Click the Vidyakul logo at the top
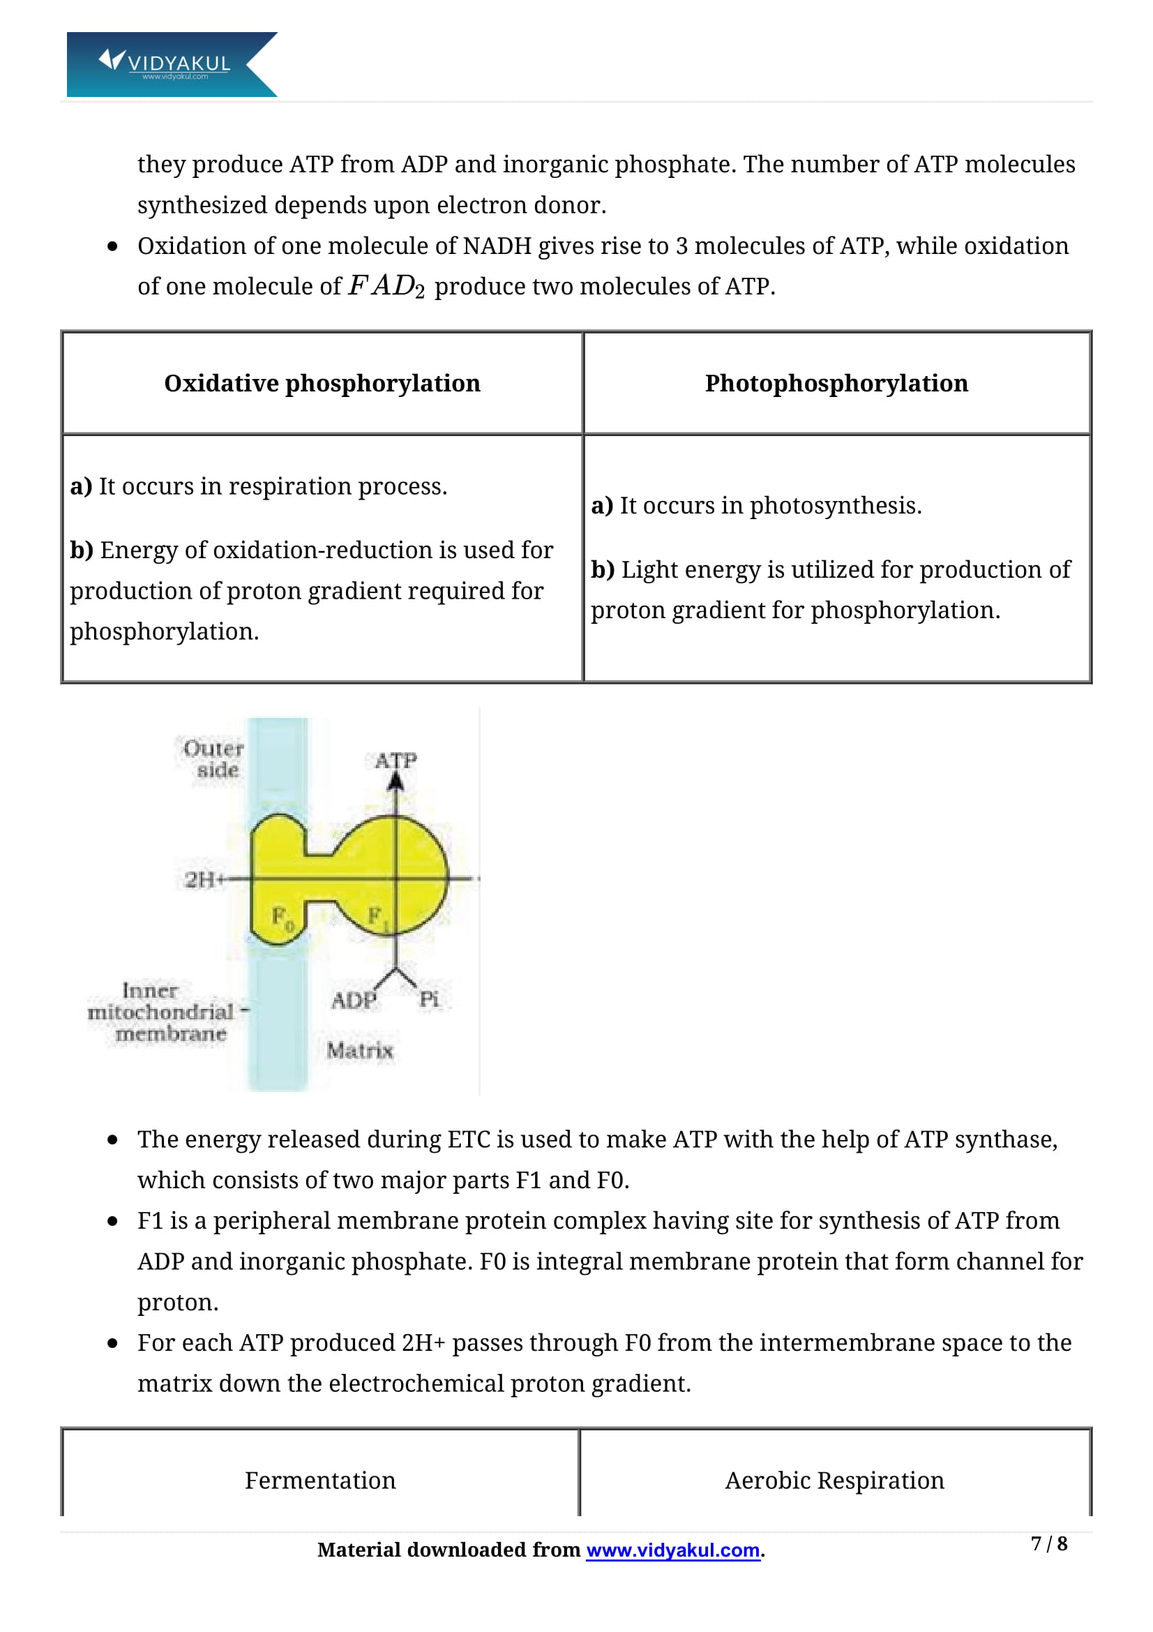[170, 64]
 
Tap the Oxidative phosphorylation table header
[322, 384]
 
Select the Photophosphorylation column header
[836, 384]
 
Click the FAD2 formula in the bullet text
[386, 287]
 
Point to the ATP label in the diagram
[395, 761]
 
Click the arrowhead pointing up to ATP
[395, 782]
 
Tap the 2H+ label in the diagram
[199, 880]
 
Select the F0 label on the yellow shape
[282, 918]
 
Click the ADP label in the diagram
[353, 1000]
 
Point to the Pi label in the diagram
[428, 999]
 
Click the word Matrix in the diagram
[359, 1050]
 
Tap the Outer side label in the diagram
[214, 758]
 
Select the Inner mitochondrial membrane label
[162, 1012]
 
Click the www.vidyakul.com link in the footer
[673, 1550]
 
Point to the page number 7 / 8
[1048, 1544]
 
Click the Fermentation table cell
[320, 1481]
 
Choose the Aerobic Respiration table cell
[835, 1481]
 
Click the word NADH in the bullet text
[497, 246]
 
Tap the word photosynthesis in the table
[835, 506]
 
